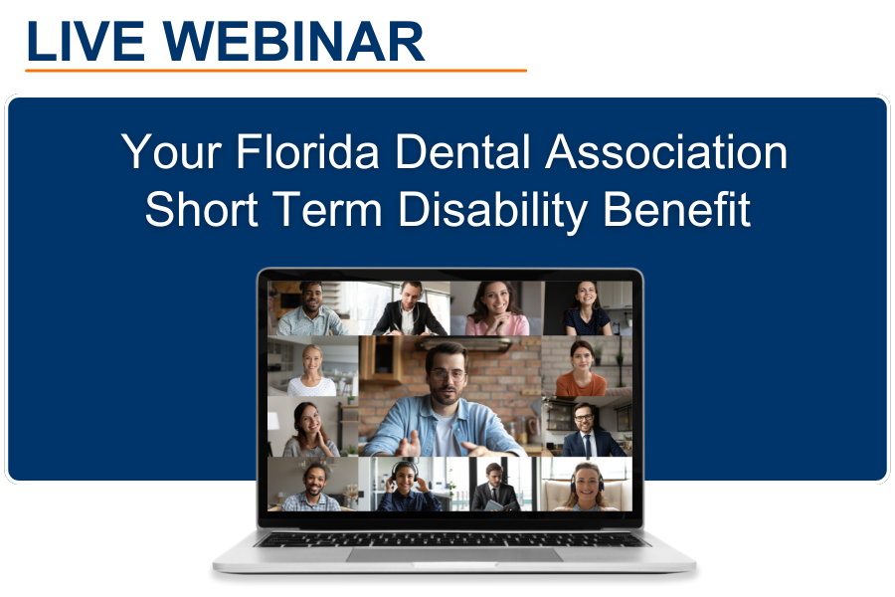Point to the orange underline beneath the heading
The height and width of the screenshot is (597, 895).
pyautogui.click(x=275, y=71)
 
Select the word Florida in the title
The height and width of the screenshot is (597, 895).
pyautogui.click(x=309, y=152)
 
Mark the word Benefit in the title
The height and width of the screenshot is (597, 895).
pyautogui.click(x=687, y=210)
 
